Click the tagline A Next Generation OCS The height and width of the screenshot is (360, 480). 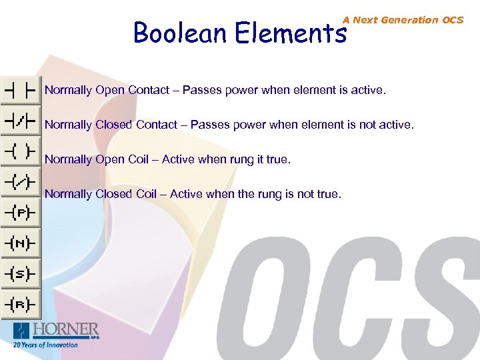[403, 20]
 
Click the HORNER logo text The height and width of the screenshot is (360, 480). [66, 329]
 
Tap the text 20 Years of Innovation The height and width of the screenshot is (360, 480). [45, 345]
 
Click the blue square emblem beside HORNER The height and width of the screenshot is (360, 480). [22, 330]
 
